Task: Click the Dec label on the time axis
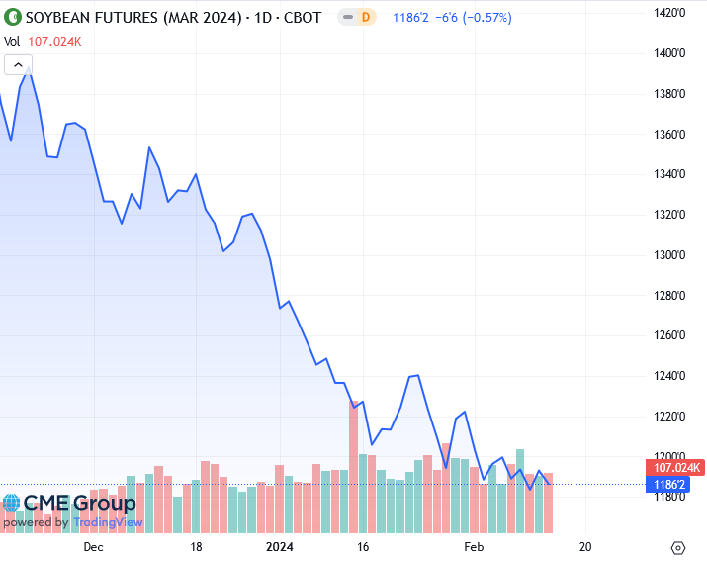coord(93,546)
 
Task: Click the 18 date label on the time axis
coord(196,546)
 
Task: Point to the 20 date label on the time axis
coord(585,546)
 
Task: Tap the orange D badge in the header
coord(366,17)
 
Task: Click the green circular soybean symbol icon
coord(13,17)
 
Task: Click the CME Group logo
coord(69,503)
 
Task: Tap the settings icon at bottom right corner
coord(678,547)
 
